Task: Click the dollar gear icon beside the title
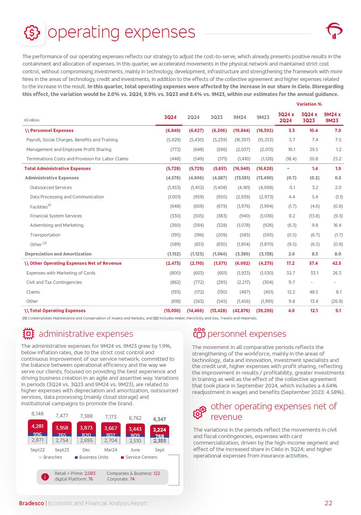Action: point(31,32)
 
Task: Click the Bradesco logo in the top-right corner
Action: point(334,31)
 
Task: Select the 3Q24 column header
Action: point(170,117)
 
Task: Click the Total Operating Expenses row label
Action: point(55,311)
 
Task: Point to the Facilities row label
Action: point(39,206)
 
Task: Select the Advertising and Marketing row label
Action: point(57,225)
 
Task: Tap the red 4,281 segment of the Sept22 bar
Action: point(38,426)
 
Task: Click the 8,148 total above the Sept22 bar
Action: point(38,414)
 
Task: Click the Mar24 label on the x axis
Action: point(111,450)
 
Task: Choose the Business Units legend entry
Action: point(91,457)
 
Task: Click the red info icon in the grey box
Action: point(45,477)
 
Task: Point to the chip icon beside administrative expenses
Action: point(29,334)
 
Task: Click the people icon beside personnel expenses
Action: point(199,334)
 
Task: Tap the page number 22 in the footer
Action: point(328,503)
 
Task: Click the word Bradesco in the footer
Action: point(32,503)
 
